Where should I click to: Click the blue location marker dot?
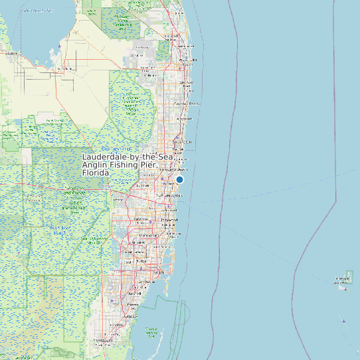click(x=179, y=179)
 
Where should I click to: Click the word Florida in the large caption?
click(x=95, y=173)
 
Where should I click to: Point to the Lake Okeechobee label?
click(x=37, y=11)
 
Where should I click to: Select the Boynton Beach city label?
click(x=187, y=104)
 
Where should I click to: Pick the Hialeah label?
click(x=141, y=254)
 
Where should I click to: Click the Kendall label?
click(x=135, y=293)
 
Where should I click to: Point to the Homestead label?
click(x=103, y=340)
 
